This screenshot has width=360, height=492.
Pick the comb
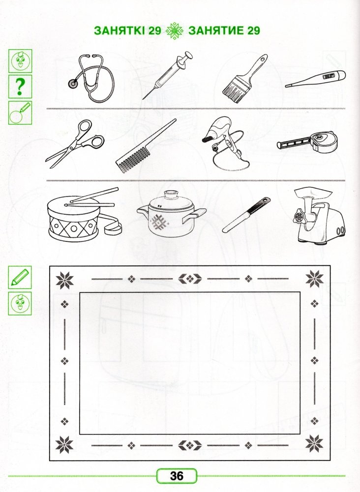146,146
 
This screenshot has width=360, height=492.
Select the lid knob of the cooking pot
171,194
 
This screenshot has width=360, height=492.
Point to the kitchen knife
246,215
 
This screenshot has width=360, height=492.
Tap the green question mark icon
20,87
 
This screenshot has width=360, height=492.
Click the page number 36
177,476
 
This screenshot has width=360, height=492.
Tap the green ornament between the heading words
175,31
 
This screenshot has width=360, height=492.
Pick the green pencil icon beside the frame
20,277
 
